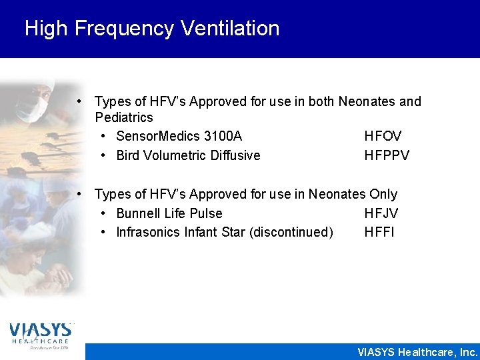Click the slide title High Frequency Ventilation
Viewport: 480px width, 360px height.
pyautogui.click(x=152, y=28)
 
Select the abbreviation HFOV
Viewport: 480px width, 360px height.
pyautogui.click(x=383, y=136)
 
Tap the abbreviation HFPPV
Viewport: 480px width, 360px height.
pyautogui.click(x=387, y=155)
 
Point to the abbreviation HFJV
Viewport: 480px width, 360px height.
pyautogui.click(x=381, y=213)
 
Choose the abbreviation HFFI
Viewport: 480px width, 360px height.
pyautogui.click(x=379, y=233)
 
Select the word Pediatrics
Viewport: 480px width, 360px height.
pyautogui.click(x=124, y=117)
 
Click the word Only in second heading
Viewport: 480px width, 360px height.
pyautogui.click(x=383, y=194)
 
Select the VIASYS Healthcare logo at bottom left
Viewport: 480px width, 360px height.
pyautogui.click(x=40, y=335)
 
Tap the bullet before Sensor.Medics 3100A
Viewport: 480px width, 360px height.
pyautogui.click(x=104, y=136)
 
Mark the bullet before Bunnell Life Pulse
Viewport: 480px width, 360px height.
pyautogui.click(x=104, y=213)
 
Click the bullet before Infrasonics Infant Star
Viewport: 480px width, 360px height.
pyautogui.click(x=104, y=233)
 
